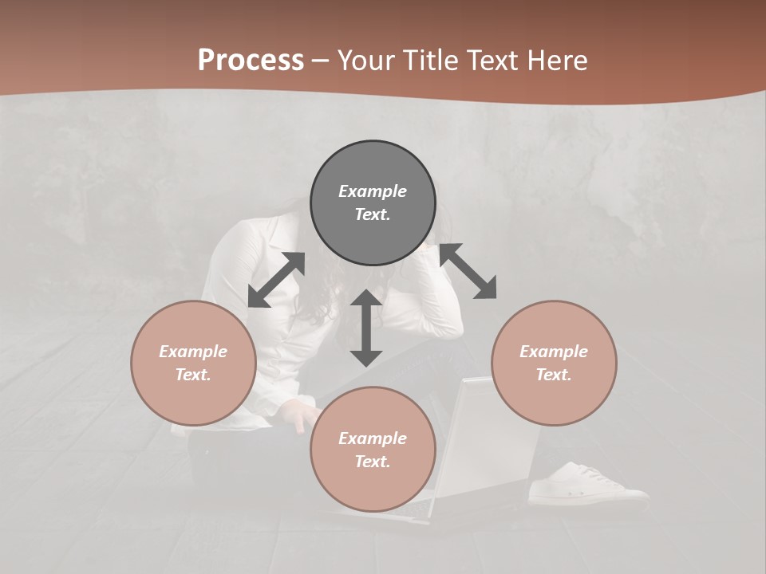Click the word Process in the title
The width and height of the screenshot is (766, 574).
click(x=251, y=60)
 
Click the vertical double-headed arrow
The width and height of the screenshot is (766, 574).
click(x=366, y=328)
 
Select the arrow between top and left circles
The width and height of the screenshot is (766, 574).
click(x=277, y=280)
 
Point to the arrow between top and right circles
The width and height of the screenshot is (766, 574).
click(x=468, y=271)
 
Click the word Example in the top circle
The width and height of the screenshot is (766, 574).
click(x=373, y=191)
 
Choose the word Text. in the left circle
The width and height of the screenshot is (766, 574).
click(x=193, y=375)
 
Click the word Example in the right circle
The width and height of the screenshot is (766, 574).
click(x=554, y=352)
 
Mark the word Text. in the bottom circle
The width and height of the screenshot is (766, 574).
click(x=373, y=462)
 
